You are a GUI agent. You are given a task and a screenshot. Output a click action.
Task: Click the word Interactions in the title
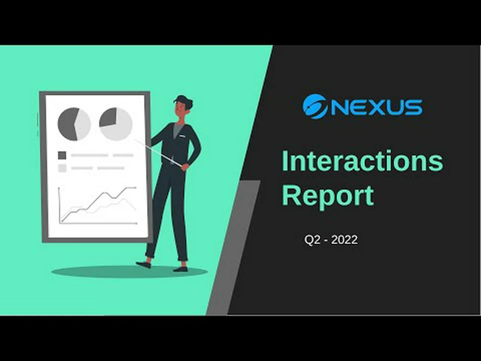[x=362, y=161]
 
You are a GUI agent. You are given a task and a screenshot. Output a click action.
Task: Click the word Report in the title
[x=328, y=196]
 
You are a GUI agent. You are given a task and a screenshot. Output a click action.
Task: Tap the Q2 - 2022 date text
[x=331, y=240]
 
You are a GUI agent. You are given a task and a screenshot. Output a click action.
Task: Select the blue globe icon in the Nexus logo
[x=315, y=106]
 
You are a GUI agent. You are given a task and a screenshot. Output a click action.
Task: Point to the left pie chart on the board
[x=74, y=124]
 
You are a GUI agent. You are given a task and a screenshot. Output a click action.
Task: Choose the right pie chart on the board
[x=116, y=124]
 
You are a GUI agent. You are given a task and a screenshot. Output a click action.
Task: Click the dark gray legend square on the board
[x=62, y=155]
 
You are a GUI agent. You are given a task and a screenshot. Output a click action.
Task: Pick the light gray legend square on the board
[x=62, y=168]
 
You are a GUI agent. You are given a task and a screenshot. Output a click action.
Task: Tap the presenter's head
[x=182, y=107]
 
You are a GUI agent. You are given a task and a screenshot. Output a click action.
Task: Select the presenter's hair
[x=184, y=100]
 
